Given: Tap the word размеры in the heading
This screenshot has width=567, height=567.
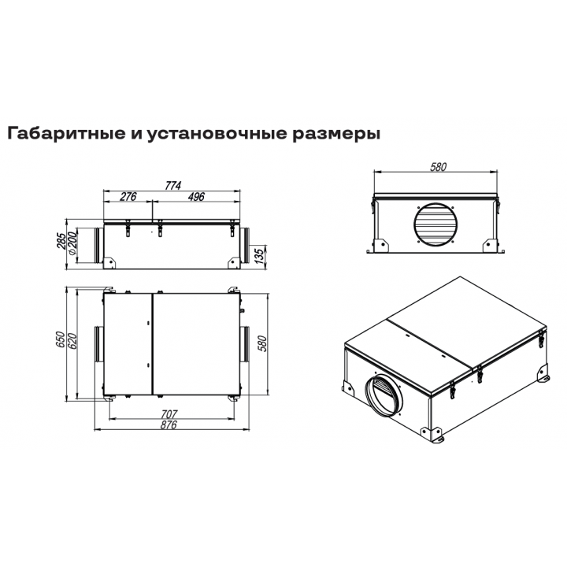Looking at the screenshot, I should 333,133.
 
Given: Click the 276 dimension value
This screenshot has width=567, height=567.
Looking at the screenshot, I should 128,196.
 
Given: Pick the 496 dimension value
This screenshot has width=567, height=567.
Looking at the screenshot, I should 197,196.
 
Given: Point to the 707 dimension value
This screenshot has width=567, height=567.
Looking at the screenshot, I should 169,414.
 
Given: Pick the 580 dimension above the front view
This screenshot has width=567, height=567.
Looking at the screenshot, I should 439,167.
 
